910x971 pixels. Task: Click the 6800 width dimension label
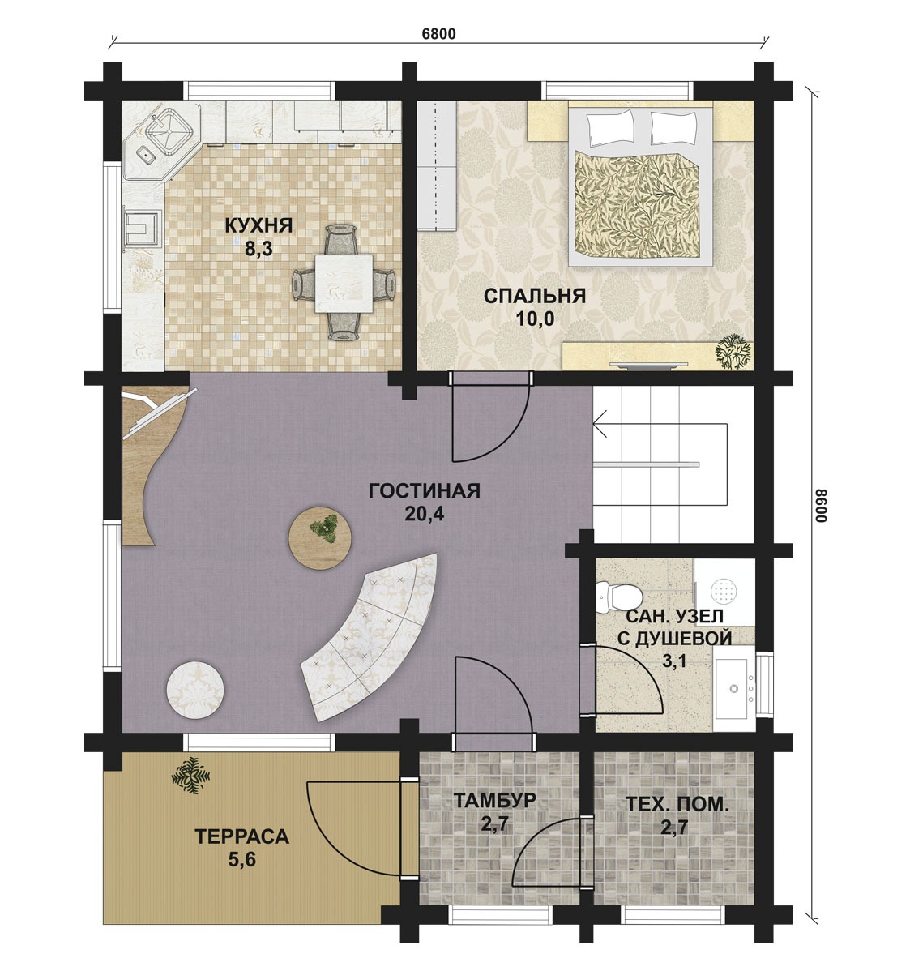[438, 33]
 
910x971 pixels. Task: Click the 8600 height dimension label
[820, 506]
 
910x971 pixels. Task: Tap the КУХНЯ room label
[258, 225]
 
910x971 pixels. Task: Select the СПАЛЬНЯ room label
[534, 295]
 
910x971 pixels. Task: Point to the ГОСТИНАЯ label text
[424, 491]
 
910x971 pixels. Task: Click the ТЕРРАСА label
[242, 836]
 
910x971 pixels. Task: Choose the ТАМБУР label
[494, 800]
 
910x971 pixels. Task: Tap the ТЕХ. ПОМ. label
[677, 804]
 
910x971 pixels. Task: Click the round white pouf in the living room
[195, 690]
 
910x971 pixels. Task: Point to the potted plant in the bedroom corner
[733, 353]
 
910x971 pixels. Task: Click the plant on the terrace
[190, 775]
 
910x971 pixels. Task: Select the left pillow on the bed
[612, 128]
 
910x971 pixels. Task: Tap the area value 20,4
[424, 514]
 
